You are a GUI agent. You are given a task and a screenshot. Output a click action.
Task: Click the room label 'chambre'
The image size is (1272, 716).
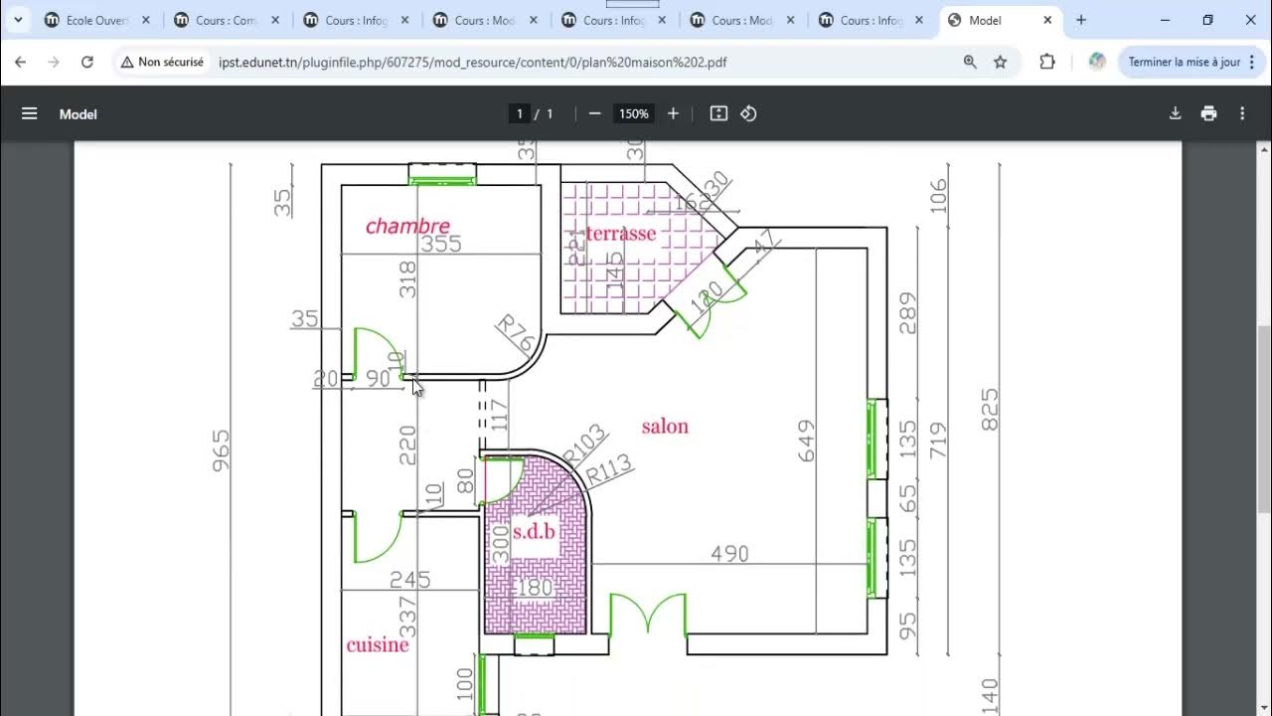click(x=407, y=227)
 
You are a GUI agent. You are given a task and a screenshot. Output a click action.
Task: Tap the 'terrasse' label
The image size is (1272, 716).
click(x=621, y=234)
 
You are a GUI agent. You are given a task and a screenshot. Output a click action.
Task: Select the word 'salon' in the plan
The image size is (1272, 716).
click(x=665, y=427)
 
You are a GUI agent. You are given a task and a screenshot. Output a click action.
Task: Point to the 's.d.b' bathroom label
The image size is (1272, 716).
click(x=534, y=532)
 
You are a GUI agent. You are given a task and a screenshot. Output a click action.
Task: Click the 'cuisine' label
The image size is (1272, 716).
click(x=378, y=645)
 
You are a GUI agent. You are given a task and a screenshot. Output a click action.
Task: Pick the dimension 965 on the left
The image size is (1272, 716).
click(x=221, y=450)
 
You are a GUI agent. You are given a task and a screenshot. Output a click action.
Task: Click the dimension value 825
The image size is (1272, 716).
click(x=990, y=410)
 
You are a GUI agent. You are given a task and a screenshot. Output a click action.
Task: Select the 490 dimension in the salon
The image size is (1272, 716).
click(x=729, y=554)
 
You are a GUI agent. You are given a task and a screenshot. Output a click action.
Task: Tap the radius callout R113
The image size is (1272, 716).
click(x=608, y=469)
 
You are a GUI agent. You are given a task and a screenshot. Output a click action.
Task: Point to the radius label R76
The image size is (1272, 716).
click(x=516, y=333)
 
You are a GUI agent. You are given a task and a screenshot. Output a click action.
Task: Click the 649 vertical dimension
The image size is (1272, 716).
click(x=805, y=441)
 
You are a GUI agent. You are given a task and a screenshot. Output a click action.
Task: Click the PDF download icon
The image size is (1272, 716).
click(x=1175, y=113)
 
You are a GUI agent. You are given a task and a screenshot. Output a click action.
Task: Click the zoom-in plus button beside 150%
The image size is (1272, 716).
click(x=673, y=113)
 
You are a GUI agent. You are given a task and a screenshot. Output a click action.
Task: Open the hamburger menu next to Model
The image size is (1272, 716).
click(x=30, y=113)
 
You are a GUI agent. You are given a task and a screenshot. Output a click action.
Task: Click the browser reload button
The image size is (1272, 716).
click(x=87, y=62)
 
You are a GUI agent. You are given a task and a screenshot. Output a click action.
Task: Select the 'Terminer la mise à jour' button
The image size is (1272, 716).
click(x=1184, y=62)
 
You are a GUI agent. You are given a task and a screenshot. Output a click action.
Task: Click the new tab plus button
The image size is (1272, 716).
click(x=1081, y=20)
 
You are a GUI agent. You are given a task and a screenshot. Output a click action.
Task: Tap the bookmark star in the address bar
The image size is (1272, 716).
click(x=1001, y=62)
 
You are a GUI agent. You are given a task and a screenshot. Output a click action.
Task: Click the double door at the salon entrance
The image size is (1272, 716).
click(x=648, y=615)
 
